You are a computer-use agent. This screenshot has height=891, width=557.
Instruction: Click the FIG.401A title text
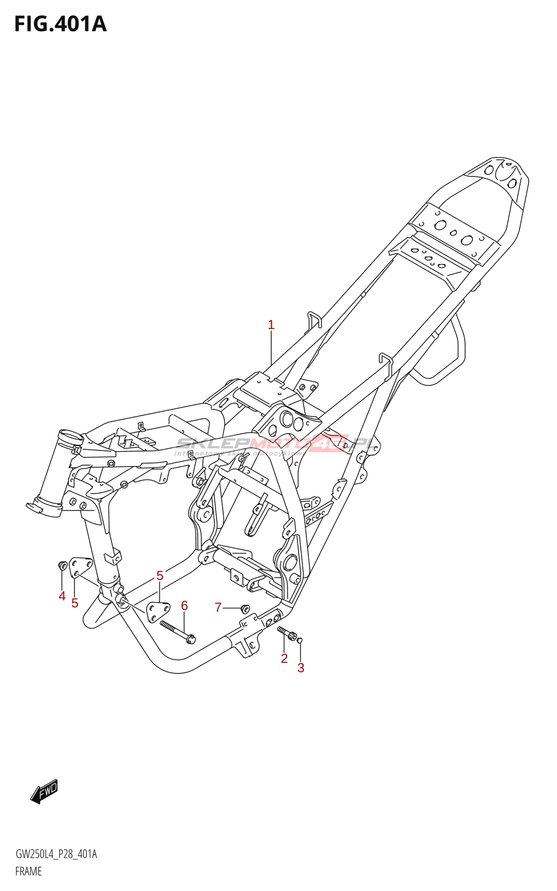(x=60, y=24)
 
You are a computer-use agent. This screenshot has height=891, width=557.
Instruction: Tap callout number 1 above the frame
(x=271, y=325)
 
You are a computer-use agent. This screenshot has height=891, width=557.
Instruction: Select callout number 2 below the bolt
(x=284, y=658)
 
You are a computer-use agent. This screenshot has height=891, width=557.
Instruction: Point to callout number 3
(x=301, y=668)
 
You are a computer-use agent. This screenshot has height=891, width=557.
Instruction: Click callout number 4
(x=62, y=596)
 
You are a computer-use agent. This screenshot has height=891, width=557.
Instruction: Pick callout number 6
(x=184, y=605)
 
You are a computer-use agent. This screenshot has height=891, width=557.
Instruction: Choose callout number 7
(x=218, y=607)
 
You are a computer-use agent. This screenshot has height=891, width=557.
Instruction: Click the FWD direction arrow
(x=44, y=791)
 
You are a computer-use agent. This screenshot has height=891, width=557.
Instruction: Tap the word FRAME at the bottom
(x=28, y=872)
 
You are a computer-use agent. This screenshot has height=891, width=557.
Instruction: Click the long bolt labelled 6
(x=177, y=631)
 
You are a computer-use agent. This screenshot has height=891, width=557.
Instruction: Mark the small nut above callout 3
(x=300, y=640)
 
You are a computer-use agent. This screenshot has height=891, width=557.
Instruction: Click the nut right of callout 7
(x=245, y=608)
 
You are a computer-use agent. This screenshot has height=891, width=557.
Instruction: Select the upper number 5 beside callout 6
(x=160, y=575)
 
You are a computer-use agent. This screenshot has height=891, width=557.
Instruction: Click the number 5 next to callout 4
(x=75, y=603)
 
